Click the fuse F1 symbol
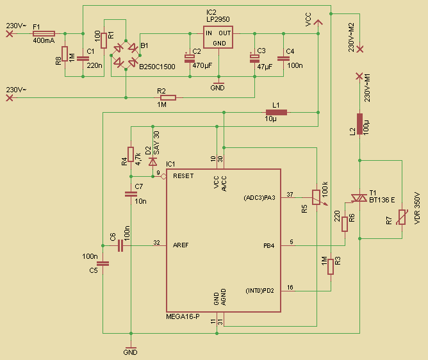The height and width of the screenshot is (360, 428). (44, 33)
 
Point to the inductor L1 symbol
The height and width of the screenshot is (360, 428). (276, 113)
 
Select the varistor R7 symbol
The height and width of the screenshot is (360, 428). (401, 218)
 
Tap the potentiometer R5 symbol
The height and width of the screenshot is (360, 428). (315, 197)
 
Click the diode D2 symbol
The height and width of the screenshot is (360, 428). (152, 161)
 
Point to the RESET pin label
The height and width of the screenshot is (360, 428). (183, 176)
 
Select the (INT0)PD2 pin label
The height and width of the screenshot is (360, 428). (259, 290)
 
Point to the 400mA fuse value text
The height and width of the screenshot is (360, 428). (43, 41)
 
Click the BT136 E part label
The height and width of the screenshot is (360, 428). (382, 200)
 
